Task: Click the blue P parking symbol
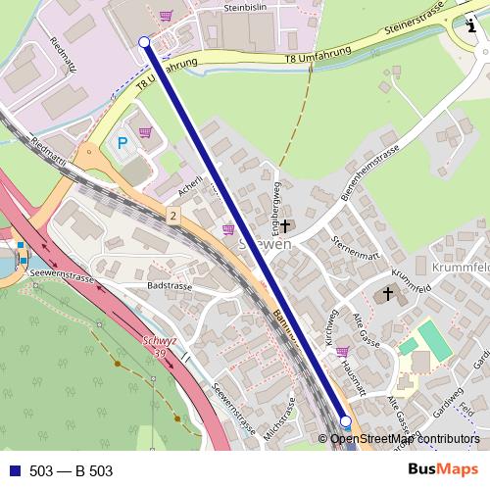(122, 144)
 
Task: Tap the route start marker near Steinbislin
(144, 42)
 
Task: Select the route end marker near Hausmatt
(345, 422)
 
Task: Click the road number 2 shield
(172, 216)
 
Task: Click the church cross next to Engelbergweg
(284, 226)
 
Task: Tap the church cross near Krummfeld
(387, 292)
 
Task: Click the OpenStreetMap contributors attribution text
(405, 439)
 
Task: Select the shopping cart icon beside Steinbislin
(166, 15)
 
